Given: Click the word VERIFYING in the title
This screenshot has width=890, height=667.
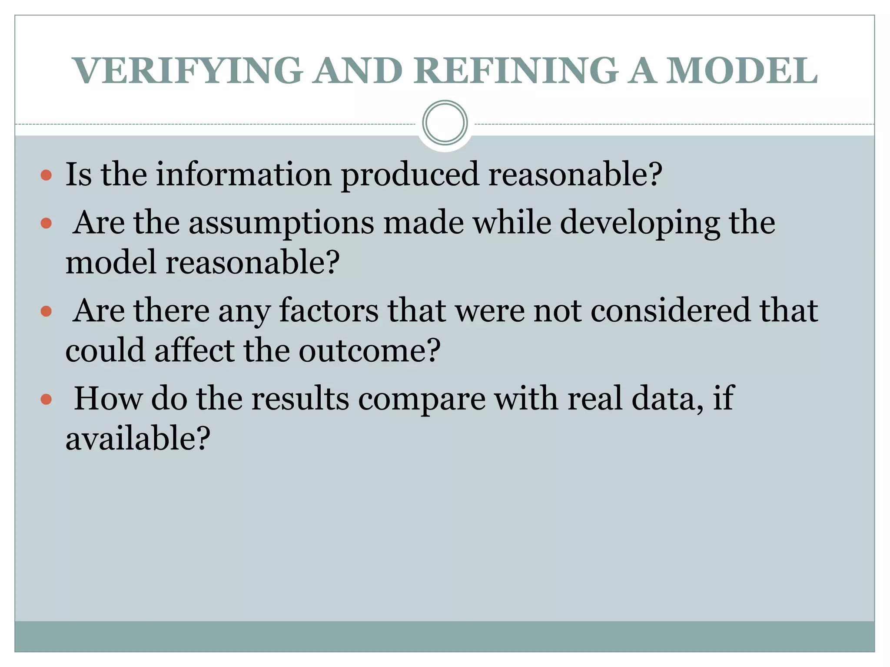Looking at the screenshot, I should tap(188, 70).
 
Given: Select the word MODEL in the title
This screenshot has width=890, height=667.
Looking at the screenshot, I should tap(742, 70).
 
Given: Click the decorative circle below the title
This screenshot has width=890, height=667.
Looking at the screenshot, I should tap(445, 122).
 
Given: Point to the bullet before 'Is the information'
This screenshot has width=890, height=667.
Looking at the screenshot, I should tap(46, 175).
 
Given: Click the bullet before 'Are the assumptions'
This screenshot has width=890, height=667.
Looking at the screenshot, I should tap(46, 224).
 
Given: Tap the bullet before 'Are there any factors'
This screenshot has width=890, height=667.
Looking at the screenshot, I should tap(46, 311).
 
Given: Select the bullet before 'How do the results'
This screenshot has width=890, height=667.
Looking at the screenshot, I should tap(46, 400).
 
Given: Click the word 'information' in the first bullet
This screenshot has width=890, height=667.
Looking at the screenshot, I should tap(244, 174).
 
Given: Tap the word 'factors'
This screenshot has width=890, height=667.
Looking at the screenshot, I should tap(329, 311).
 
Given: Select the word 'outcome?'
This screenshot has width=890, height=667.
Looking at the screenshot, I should tap(369, 351).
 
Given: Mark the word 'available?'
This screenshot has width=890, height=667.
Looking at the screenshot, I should tap(138, 439).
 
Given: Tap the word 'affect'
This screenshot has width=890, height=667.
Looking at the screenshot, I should tap(194, 351).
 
